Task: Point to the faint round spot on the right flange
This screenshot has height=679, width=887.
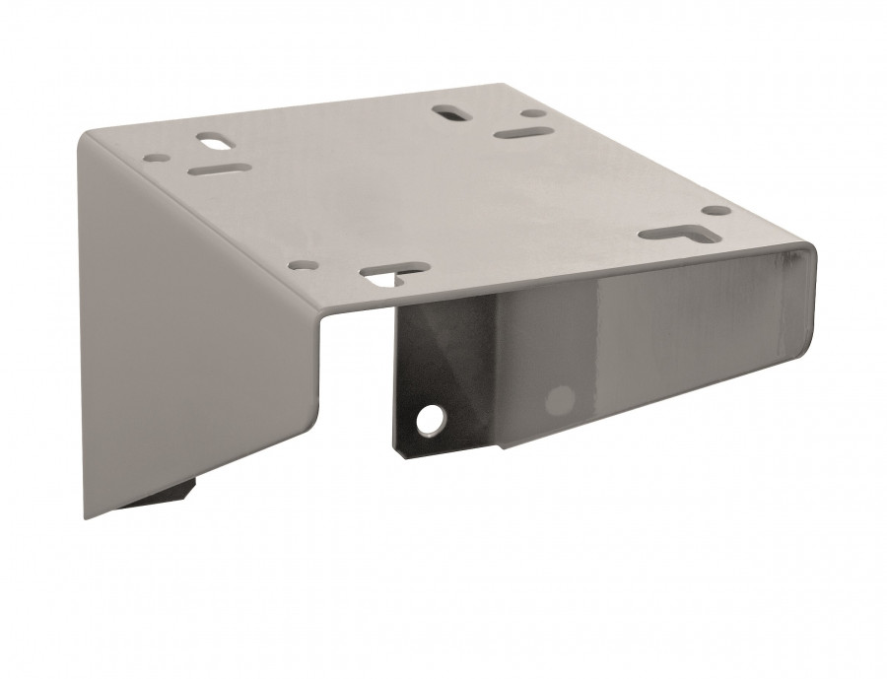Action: coord(560,399)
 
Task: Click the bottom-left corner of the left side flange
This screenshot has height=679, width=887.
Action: coord(84,518)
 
